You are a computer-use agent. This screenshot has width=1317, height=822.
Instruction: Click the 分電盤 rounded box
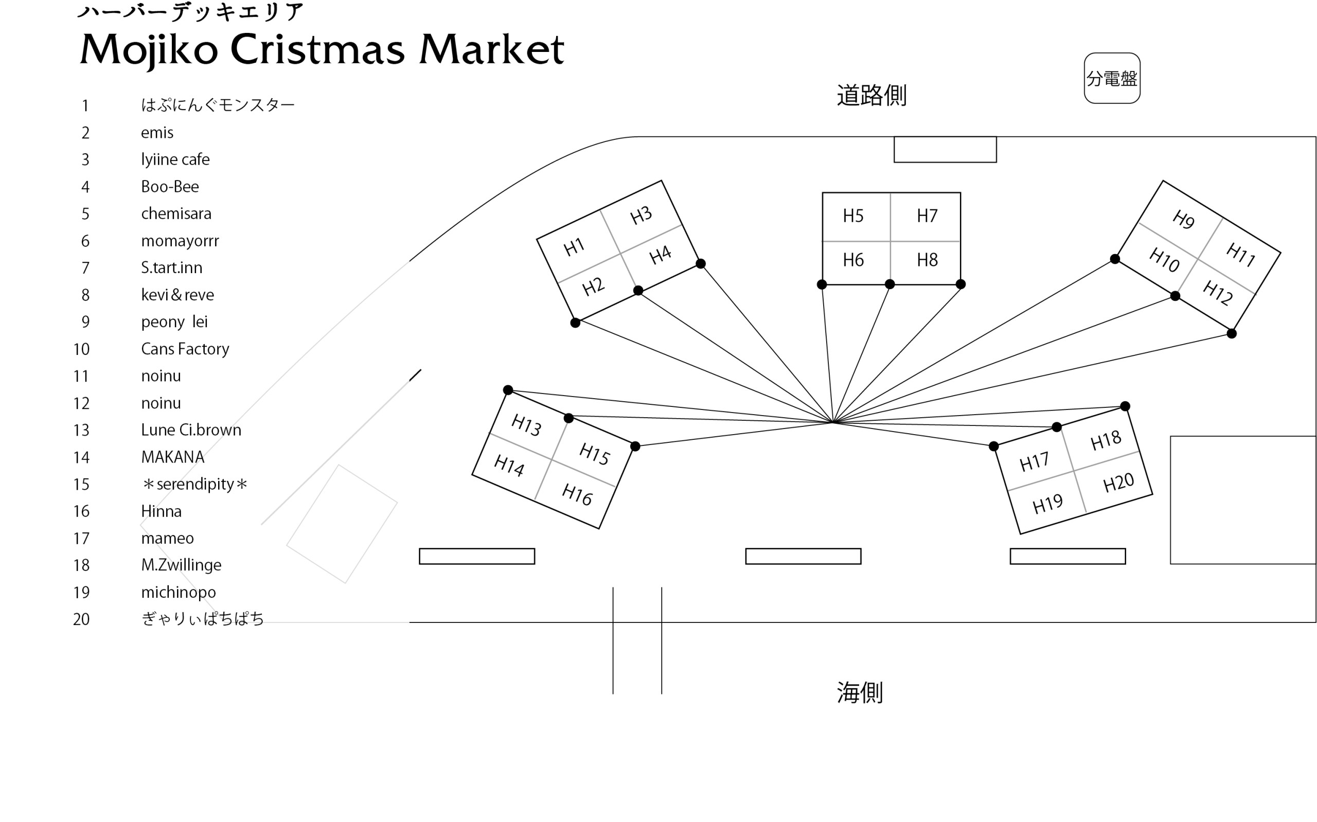point(1112,78)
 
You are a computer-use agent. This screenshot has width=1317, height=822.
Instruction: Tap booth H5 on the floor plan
point(853,217)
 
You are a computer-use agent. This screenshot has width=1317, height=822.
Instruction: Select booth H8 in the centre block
point(927,260)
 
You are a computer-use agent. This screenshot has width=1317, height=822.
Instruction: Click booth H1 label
point(574,248)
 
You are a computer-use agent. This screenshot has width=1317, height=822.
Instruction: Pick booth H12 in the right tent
point(1218,293)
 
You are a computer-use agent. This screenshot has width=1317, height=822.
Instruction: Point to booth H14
point(509,466)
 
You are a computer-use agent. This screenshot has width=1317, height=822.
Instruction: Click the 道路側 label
point(871,96)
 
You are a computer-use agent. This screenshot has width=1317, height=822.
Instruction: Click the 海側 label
point(859,692)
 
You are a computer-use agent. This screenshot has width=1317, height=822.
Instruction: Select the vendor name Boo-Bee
point(170,187)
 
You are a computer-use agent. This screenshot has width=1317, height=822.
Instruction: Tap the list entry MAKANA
point(172,457)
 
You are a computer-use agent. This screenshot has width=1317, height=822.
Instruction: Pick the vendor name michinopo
point(179,592)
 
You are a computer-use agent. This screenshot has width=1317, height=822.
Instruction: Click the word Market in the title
point(491,49)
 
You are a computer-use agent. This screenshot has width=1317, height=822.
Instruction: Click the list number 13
point(81,431)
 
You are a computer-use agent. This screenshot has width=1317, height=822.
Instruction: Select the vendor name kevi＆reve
point(177,295)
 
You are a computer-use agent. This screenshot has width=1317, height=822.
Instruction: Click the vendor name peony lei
point(174,322)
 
